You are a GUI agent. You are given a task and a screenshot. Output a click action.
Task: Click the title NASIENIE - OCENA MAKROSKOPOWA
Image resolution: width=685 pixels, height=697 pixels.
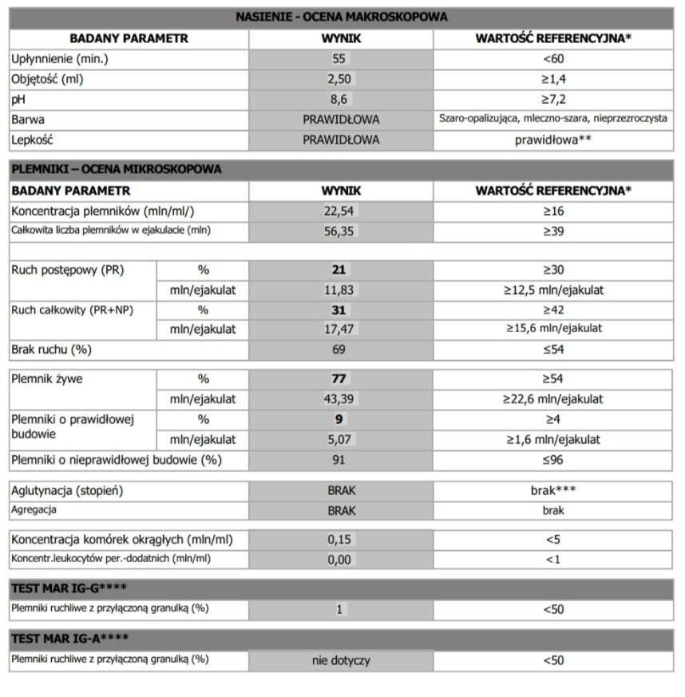coord(342,16)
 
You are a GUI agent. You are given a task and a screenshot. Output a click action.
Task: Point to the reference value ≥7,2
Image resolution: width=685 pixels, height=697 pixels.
coord(552,99)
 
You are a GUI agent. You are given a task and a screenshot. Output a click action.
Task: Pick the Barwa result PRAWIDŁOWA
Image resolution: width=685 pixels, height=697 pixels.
coord(341,120)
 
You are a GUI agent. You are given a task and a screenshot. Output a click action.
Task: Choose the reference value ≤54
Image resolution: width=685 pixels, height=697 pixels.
coord(552,350)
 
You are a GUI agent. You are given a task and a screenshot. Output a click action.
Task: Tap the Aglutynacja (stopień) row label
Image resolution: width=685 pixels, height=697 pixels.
coord(67,490)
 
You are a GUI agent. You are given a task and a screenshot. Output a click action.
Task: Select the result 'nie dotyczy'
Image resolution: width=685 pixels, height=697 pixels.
coord(341,660)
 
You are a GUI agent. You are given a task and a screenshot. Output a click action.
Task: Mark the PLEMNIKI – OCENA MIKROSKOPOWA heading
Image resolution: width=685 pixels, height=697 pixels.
coord(116,169)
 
